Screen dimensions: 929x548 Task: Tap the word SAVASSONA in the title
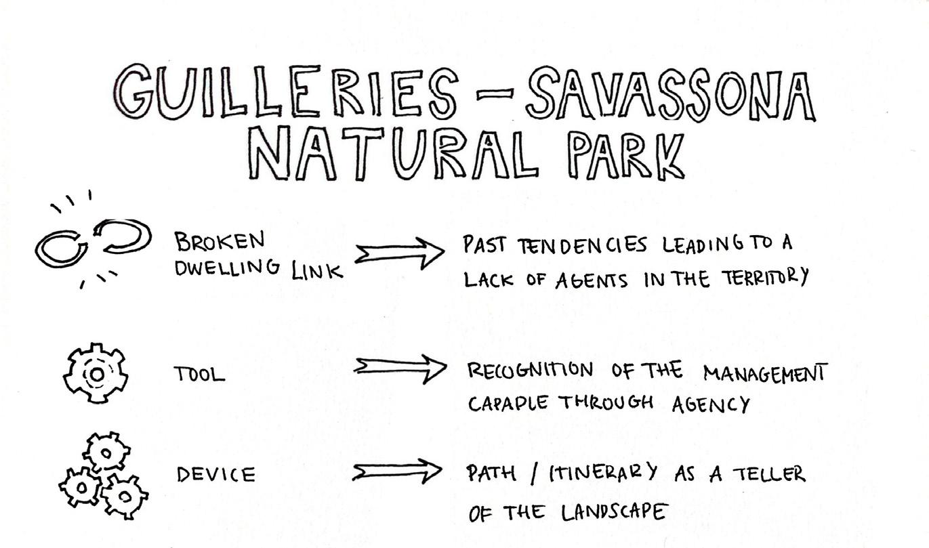671,98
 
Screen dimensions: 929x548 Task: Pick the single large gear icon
96,373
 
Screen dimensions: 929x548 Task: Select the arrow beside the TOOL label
400,368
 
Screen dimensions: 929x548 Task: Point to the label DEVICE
216,474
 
